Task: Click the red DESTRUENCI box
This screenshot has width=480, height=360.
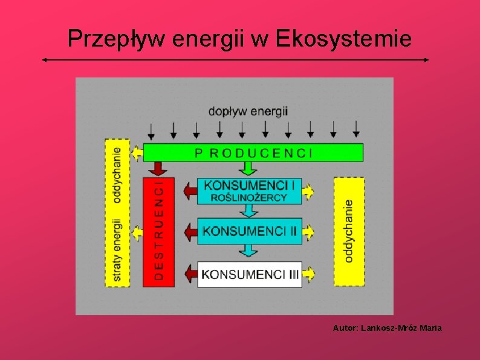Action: (x=158, y=232)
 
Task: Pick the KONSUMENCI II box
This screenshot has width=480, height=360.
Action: (x=250, y=231)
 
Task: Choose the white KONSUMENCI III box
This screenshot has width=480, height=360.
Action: (x=250, y=274)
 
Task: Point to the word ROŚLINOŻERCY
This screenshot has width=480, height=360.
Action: (x=249, y=198)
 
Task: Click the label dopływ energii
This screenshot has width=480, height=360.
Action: (x=248, y=111)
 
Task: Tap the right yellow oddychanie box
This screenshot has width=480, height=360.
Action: (x=349, y=231)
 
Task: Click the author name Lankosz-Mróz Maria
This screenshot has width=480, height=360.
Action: (x=401, y=328)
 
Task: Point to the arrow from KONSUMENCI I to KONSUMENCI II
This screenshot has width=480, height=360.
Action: (x=248, y=211)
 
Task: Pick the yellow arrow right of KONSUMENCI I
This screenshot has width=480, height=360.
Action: (x=309, y=192)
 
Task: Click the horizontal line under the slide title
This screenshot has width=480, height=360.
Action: (x=236, y=60)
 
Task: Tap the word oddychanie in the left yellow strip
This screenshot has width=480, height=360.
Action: (x=117, y=175)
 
